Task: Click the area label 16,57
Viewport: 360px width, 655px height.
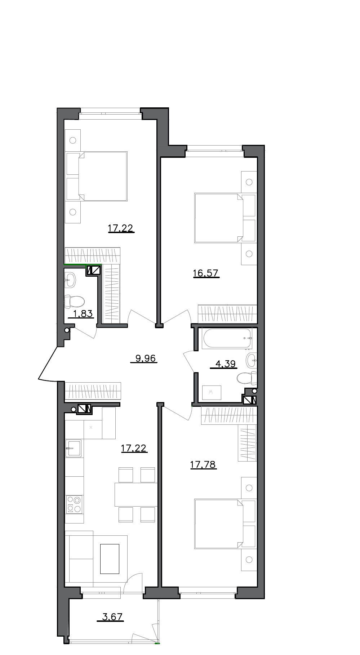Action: click(x=206, y=273)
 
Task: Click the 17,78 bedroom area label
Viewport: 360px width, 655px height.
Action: click(x=203, y=465)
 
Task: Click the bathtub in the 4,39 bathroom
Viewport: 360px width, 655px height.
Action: click(x=227, y=339)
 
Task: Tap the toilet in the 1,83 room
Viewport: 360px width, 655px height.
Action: click(x=75, y=301)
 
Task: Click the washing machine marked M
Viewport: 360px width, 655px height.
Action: click(x=212, y=392)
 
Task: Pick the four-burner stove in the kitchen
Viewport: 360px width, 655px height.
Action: click(x=74, y=504)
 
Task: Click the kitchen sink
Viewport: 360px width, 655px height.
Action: click(x=73, y=449)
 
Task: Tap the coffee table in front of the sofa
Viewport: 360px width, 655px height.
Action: click(x=110, y=559)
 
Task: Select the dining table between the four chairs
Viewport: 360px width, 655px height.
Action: click(x=136, y=494)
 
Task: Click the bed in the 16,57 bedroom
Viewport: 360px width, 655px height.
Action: click(x=218, y=218)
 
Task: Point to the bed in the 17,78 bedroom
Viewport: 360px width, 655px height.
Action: click(x=218, y=523)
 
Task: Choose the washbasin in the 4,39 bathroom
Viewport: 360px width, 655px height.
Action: click(x=252, y=360)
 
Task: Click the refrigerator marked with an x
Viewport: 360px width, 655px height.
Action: click(x=91, y=428)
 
